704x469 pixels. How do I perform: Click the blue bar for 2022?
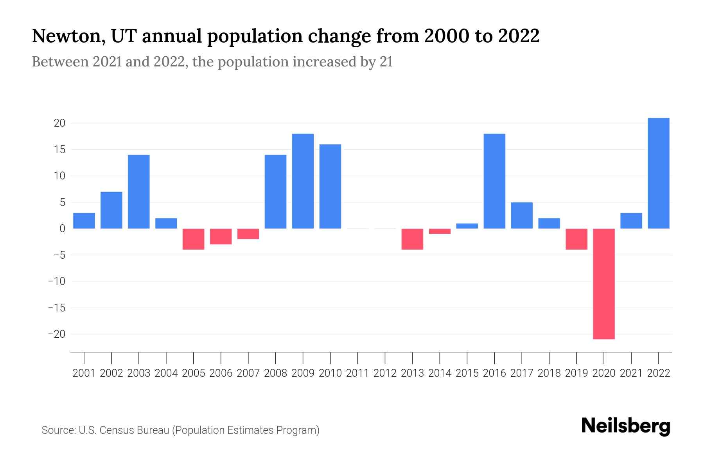tap(659, 173)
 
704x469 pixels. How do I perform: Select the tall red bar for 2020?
tap(604, 284)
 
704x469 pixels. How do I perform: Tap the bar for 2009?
tap(303, 181)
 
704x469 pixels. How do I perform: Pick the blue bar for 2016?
tap(494, 181)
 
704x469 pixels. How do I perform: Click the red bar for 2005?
tap(194, 239)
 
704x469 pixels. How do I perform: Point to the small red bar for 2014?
tap(440, 231)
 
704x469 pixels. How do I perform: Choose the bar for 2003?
tap(139, 192)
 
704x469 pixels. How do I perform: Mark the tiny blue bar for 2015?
tap(467, 226)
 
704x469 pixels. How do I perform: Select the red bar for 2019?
tap(576, 239)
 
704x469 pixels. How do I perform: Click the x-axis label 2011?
tap(357, 373)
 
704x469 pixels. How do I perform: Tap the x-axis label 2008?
tap(275, 373)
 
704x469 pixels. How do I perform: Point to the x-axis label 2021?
tap(631, 373)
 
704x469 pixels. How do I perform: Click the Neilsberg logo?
tap(626, 426)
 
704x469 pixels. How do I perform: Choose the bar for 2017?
tap(522, 215)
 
